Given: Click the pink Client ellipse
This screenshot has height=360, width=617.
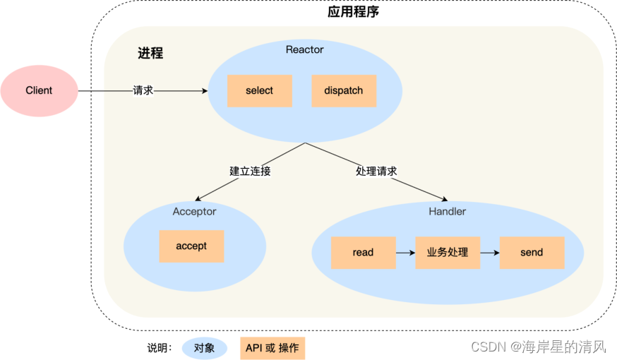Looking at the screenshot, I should [x=39, y=90].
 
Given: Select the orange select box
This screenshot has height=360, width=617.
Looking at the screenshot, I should [x=259, y=91].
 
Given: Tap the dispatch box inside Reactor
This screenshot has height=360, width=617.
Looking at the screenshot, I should [x=344, y=91].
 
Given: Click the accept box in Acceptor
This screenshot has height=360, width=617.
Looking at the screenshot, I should [x=191, y=246].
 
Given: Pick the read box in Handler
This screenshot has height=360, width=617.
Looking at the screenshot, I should [x=363, y=253].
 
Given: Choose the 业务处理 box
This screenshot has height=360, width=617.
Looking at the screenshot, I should [x=448, y=253].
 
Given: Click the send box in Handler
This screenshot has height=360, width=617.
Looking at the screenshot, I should [x=532, y=253].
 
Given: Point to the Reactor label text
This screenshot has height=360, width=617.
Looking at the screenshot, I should [x=304, y=49].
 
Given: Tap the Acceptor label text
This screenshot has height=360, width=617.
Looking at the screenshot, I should [x=194, y=212].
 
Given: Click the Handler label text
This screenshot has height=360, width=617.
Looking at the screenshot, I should [x=447, y=212].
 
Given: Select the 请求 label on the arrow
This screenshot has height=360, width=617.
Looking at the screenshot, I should [x=143, y=90].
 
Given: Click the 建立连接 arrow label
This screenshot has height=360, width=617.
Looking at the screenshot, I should [x=250, y=171].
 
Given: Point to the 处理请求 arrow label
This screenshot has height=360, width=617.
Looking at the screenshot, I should [x=376, y=171].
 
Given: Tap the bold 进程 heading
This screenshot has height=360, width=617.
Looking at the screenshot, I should [x=150, y=53].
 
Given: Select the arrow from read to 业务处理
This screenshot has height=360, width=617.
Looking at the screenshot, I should [x=405, y=253].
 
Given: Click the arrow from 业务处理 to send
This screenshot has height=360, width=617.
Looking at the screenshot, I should [x=489, y=253].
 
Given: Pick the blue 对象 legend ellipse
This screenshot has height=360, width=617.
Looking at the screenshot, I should [x=204, y=348].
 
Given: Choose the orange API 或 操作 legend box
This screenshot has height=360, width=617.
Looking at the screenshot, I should [x=272, y=348].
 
